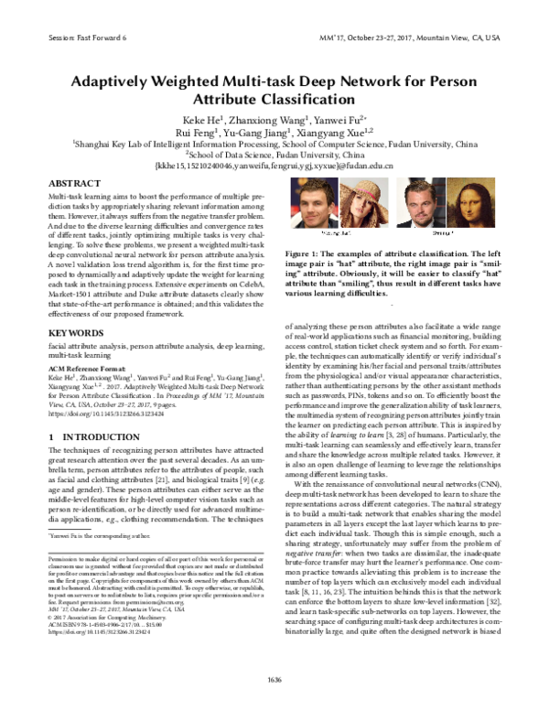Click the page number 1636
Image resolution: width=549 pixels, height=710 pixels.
click(274, 678)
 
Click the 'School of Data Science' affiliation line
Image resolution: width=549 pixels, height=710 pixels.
click(274, 155)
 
